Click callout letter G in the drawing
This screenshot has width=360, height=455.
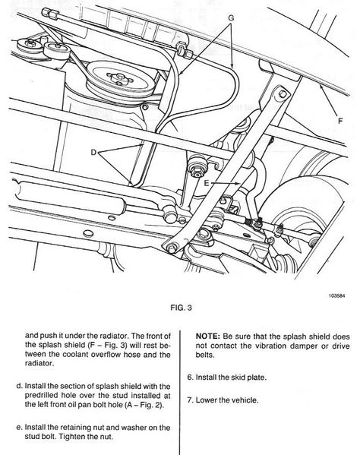(231, 18)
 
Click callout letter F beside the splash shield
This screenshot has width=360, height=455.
(340, 121)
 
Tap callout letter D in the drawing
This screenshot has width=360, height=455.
(93, 152)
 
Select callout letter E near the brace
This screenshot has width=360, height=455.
(207, 183)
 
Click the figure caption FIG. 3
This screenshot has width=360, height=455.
(181, 308)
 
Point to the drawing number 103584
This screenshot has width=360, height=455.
(336, 296)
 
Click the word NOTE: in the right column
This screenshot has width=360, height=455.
(208, 337)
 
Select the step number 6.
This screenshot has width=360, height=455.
(190, 378)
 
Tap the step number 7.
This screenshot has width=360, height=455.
(190, 400)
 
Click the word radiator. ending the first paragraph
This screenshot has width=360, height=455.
(39, 363)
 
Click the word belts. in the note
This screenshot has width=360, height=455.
(205, 355)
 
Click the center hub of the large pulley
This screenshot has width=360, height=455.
(119, 77)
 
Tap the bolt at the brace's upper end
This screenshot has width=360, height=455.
(283, 94)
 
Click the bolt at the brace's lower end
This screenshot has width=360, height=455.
(172, 248)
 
